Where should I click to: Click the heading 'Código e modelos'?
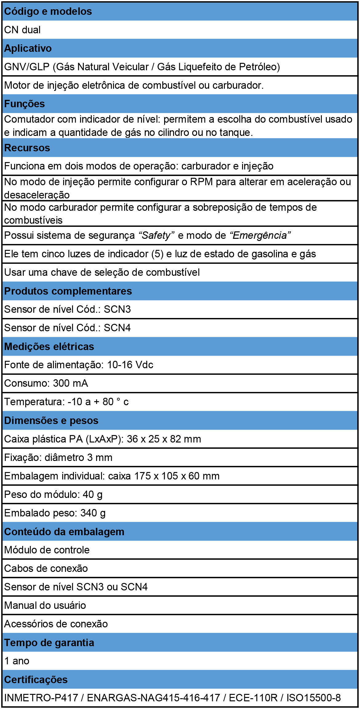[x=48, y=11]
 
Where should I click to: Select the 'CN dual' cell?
[x=22, y=30]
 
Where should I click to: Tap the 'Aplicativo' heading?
[x=28, y=48]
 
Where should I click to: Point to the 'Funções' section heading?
[x=25, y=104]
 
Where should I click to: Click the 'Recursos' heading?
[x=27, y=148]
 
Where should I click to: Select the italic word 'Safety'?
[x=156, y=235]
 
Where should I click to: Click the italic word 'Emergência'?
[x=260, y=235]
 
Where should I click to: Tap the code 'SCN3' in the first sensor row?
[x=117, y=309]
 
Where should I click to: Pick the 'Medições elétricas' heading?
[x=49, y=347]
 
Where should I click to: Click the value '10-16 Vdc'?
[x=130, y=365]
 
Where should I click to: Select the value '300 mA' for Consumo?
[x=71, y=383]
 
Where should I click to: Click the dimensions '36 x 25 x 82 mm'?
[x=164, y=439]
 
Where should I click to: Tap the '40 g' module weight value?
[x=92, y=495]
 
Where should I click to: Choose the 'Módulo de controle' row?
[x=47, y=550]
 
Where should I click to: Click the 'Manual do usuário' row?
[x=45, y=605]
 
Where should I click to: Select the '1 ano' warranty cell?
[x=17, y=661]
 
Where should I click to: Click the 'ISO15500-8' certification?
[x=313, y=698]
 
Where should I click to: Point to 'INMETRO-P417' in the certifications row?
[x=41, y=698]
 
